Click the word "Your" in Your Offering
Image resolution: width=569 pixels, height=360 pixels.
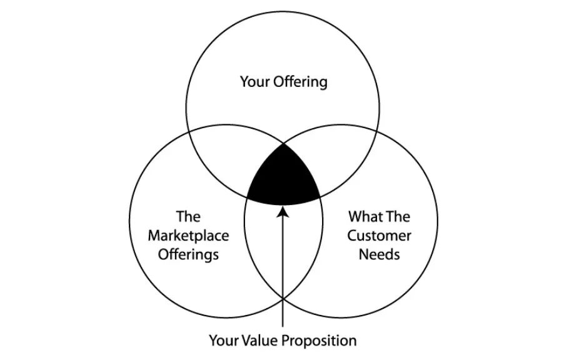click(x=254, y=81)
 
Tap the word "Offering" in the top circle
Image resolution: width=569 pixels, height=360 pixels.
click(x=301, y=82)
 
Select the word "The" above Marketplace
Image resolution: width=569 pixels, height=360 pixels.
click(x=188, y=217)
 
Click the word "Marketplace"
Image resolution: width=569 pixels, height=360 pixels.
click(x=188, y=236)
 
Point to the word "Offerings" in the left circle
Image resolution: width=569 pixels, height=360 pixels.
click(x=188, y=254)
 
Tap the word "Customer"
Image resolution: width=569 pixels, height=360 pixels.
click(x=379, y=236)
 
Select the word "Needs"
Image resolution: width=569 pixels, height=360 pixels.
click(x=379, y=254)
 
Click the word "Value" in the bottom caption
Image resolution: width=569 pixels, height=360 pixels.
click(x=260, y=341)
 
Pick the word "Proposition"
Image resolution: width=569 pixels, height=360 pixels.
click(x=320, y=341)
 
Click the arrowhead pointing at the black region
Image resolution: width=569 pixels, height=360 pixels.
click(x=283, y=212)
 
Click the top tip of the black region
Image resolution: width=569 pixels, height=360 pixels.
click(x=283, y=144)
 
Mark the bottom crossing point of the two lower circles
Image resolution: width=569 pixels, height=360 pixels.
click(x=283, y=298)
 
